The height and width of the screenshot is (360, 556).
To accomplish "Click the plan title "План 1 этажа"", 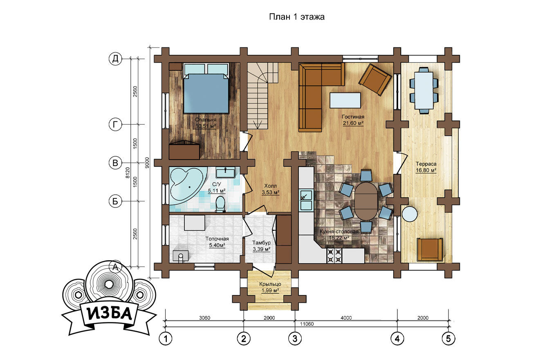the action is tap(297, 17).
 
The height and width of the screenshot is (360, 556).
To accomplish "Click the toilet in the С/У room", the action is tap(220, 204).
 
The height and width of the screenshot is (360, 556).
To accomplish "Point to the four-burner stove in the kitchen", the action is tap(334, 256).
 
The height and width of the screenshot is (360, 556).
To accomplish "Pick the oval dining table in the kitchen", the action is tap(366, 201).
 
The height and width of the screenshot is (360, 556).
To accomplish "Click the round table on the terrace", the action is tap(410, 214).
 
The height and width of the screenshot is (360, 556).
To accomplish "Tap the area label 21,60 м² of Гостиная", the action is tap(353, 123).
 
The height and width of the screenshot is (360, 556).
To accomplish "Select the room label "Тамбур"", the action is tap(261, 243).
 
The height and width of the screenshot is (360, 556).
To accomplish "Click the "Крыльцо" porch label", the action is tap(270, 284).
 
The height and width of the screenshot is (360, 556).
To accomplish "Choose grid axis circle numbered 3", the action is tap(295, 339).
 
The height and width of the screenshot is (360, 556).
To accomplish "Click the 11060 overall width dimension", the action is tap(307, 324).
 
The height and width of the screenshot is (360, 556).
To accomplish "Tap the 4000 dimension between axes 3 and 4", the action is tap(346, 318).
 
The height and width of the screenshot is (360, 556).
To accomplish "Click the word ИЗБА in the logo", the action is tap(110, 314).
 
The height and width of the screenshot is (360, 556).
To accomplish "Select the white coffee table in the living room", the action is tap(345, 100).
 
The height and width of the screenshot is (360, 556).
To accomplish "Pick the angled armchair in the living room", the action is tap(375, 79).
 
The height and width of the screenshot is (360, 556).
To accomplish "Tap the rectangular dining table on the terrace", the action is tap(424, 90).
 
